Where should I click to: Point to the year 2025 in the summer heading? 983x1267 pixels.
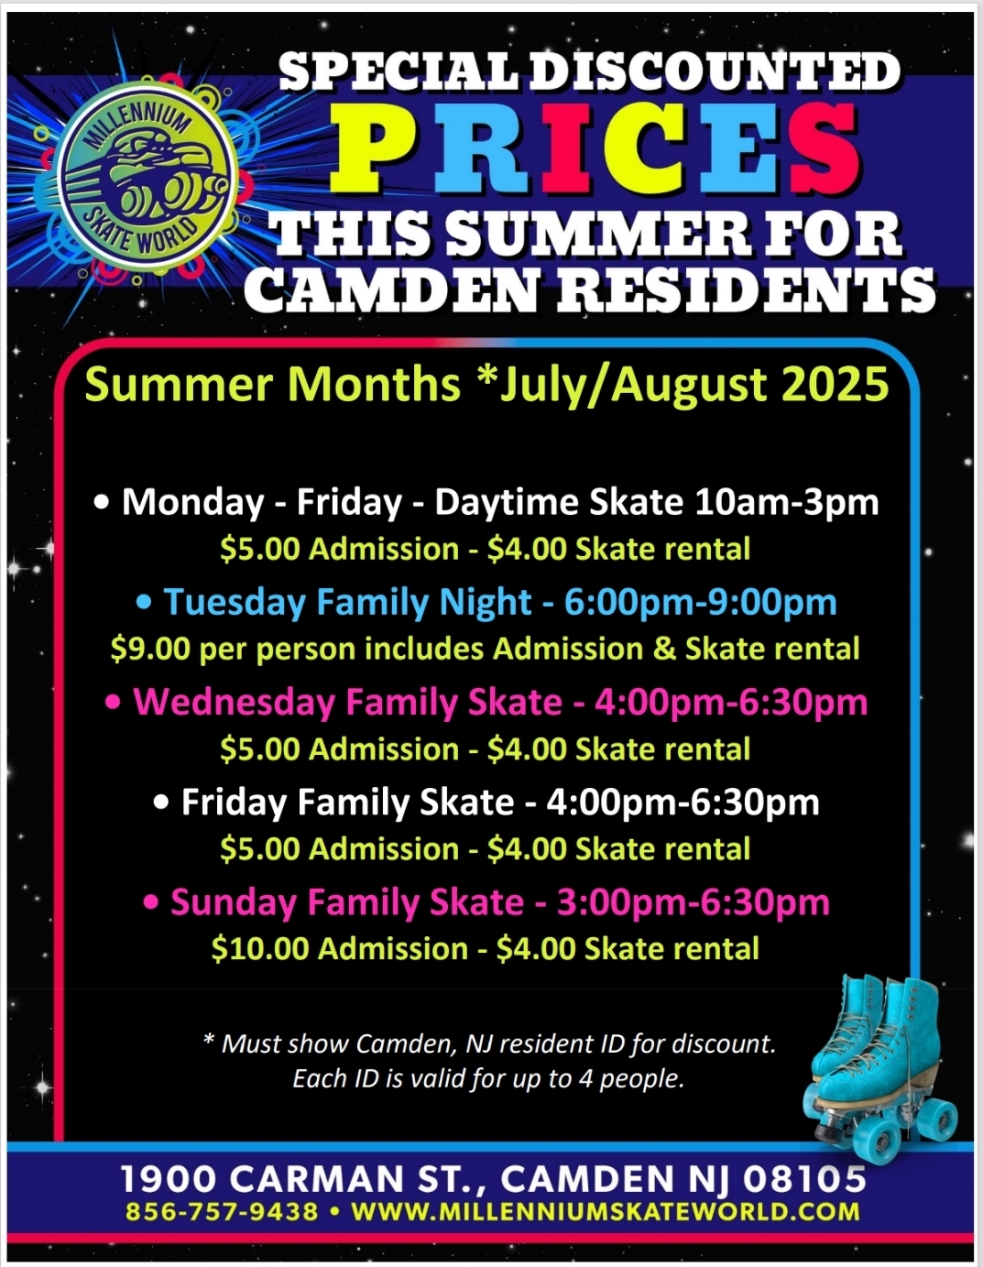pos(834,385)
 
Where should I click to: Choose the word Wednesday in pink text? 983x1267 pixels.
pos(234,702)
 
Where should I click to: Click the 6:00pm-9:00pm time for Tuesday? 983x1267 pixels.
pos(700,602)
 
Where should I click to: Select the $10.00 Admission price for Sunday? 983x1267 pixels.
pos(340,948)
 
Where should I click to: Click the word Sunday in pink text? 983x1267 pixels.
pos(234,902)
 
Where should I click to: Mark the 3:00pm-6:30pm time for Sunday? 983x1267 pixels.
pos(694,902)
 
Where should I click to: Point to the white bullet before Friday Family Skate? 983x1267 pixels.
pos(161,803)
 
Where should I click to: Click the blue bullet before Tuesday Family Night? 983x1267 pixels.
pos(144,603)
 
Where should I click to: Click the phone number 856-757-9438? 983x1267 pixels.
pos(222,1212)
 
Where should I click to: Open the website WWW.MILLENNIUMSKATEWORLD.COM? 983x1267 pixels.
pos(606,1212)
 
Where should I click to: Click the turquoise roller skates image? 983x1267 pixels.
pos(880,1068)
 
